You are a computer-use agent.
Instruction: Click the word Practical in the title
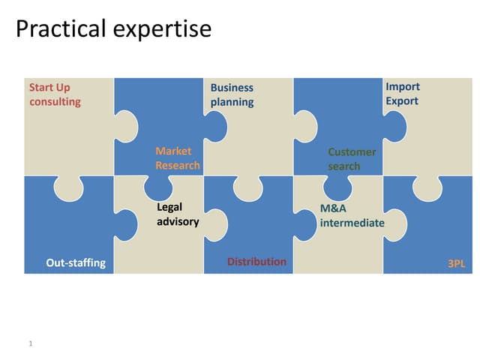pyautogui.click(x=61, y=29)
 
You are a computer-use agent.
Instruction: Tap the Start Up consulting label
pyautogui.click(x=55, y=94)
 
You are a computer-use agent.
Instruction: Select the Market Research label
pyautogui.click(x=178, y=158)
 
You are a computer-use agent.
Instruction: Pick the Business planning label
pyautogui.click(x=232, y=94)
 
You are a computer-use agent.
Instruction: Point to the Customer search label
pyautogui.click(x=352, y=159)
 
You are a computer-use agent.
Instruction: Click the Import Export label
pyautogui.click(x=403, y=94)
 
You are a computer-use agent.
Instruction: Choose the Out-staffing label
pyautogui.click(x=76, y=262)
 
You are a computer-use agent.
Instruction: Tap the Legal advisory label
pyautogui.click(x=178, y=214)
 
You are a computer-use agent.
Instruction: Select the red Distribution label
pyautogui.click(x=256, y=262)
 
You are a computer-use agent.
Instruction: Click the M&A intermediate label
pyautogui.click(x=352, y=215)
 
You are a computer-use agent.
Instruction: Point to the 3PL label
pyautogui.click(x=456, y=263)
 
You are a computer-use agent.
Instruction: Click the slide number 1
pyautogui.click(x=30, y=343)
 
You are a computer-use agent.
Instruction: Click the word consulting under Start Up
pyautogui.click(x=55, y=102)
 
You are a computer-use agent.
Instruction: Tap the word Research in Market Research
pyautogui.click(x=178, y=166)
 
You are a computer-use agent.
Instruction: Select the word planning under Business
pyautogui.click(x=232, y=102)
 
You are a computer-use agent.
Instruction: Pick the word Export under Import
pyautogui.click(x=402, y=100)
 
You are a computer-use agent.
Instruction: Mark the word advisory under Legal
pyautogui.click(x=178, y=221)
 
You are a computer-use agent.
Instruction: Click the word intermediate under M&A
pyautogui.click(x=352, y=223)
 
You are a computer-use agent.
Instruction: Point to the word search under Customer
pyautogui.click(x=344, y=166)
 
